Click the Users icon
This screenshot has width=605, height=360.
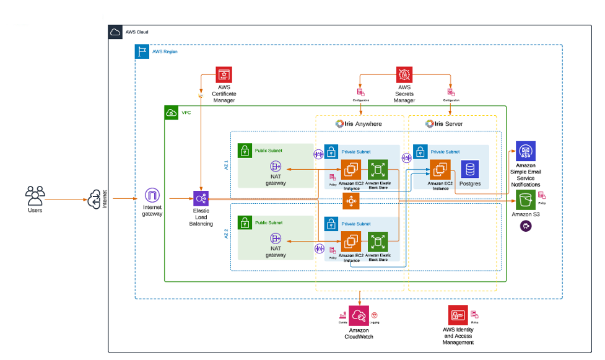tap(35, 195)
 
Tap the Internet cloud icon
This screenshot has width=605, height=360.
tap(94, 200)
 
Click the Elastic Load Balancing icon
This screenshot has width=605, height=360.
tap(201, 198)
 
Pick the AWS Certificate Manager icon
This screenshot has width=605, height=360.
tap(224, 75)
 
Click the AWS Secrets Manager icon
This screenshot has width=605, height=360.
tap(404, 75)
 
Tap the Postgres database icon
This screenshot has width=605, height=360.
tap(469, 169)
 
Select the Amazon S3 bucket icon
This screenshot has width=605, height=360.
tap(526, 200)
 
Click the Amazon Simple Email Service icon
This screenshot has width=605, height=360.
tap(526, 151)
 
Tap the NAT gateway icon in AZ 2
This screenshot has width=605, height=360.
tap(276, 239)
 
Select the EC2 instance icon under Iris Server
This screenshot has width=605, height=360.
tap(440, 169)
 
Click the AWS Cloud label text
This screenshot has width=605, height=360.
tap(137, 32)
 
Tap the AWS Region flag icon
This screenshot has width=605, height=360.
tap(142, 51)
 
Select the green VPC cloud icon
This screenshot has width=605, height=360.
tap(171, 113)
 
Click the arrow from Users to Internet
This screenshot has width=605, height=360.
tap(65, 200)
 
